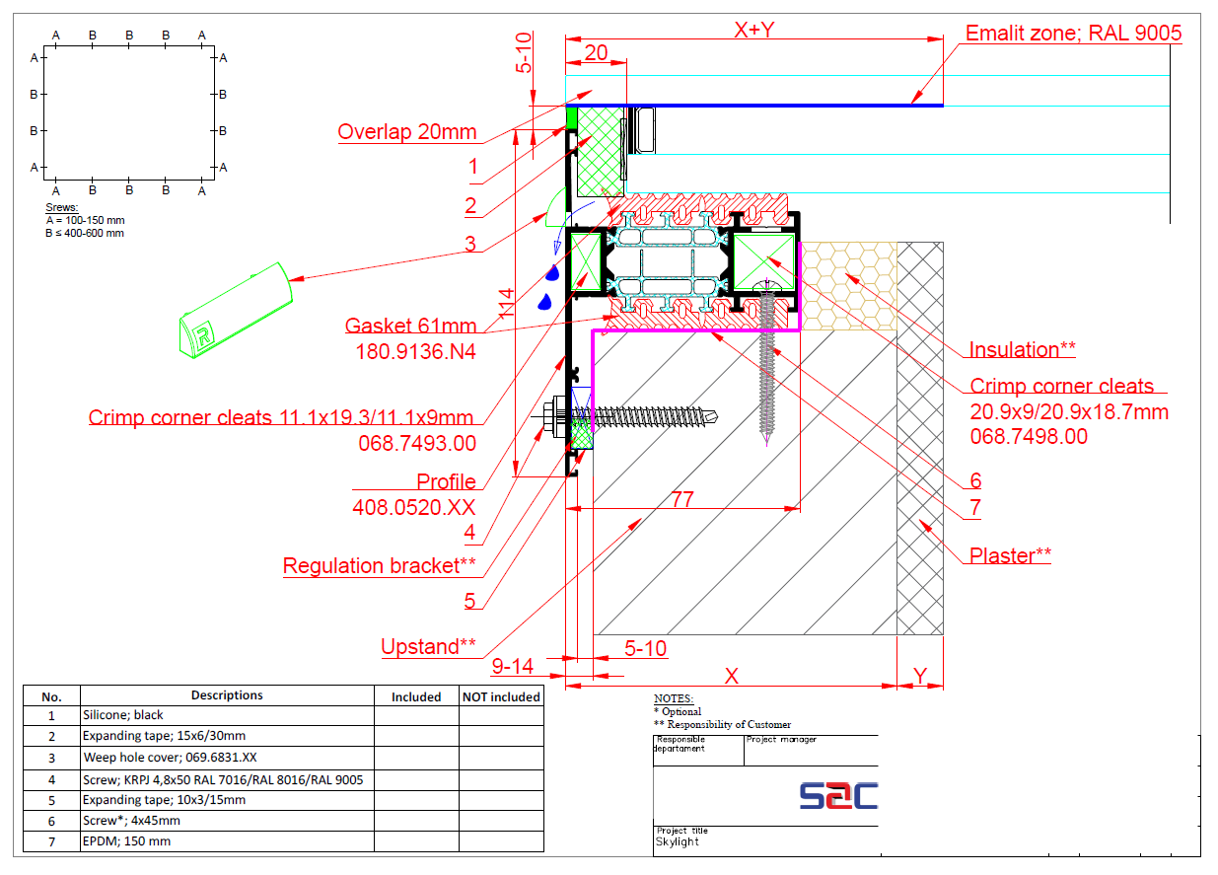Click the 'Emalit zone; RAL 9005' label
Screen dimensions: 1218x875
1073,34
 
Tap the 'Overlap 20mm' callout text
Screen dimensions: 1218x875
406,132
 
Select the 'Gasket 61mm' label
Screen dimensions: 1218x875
410,326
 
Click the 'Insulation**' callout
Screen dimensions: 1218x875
1022,349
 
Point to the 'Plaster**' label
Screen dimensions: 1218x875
1010,555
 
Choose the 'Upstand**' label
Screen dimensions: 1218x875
428,646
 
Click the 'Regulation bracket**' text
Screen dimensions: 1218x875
379,566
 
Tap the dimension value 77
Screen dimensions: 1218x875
682,499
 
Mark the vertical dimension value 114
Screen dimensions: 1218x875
506,304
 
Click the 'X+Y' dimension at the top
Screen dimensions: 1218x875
754,30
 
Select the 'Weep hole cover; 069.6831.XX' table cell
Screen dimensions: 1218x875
170,758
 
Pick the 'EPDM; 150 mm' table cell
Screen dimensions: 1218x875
126,841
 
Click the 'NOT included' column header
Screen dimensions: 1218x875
501,696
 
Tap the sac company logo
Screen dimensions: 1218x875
838,796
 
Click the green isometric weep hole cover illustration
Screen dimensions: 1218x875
236,311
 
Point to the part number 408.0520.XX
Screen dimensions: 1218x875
414,507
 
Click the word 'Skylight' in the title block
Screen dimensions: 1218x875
677,841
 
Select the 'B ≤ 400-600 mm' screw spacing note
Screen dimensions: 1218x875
85,233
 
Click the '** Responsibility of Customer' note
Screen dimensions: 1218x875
722,724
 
